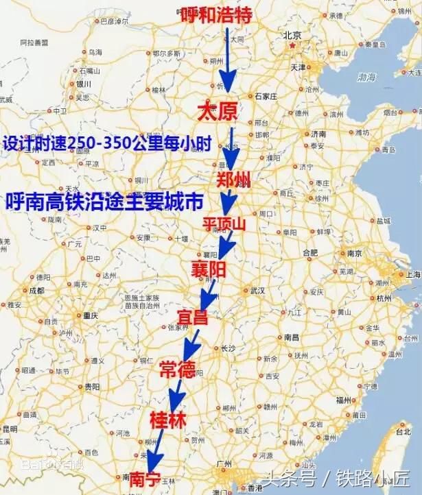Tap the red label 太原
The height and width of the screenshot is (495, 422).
click(216, 111)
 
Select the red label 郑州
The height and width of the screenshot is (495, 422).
click(233, 180)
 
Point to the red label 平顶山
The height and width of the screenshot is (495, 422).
click(224, 224)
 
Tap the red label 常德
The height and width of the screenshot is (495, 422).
click(177, 370)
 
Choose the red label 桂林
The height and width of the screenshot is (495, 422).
click(167, 419)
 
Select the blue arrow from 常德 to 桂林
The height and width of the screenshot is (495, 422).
click(176, 394)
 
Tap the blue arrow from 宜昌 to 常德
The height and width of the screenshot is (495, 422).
click(187, 343)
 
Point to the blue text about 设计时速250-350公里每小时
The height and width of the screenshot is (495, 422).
click(106, 145)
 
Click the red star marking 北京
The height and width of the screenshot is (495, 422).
click(294, 46)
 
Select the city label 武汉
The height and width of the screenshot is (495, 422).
click(257, 291)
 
